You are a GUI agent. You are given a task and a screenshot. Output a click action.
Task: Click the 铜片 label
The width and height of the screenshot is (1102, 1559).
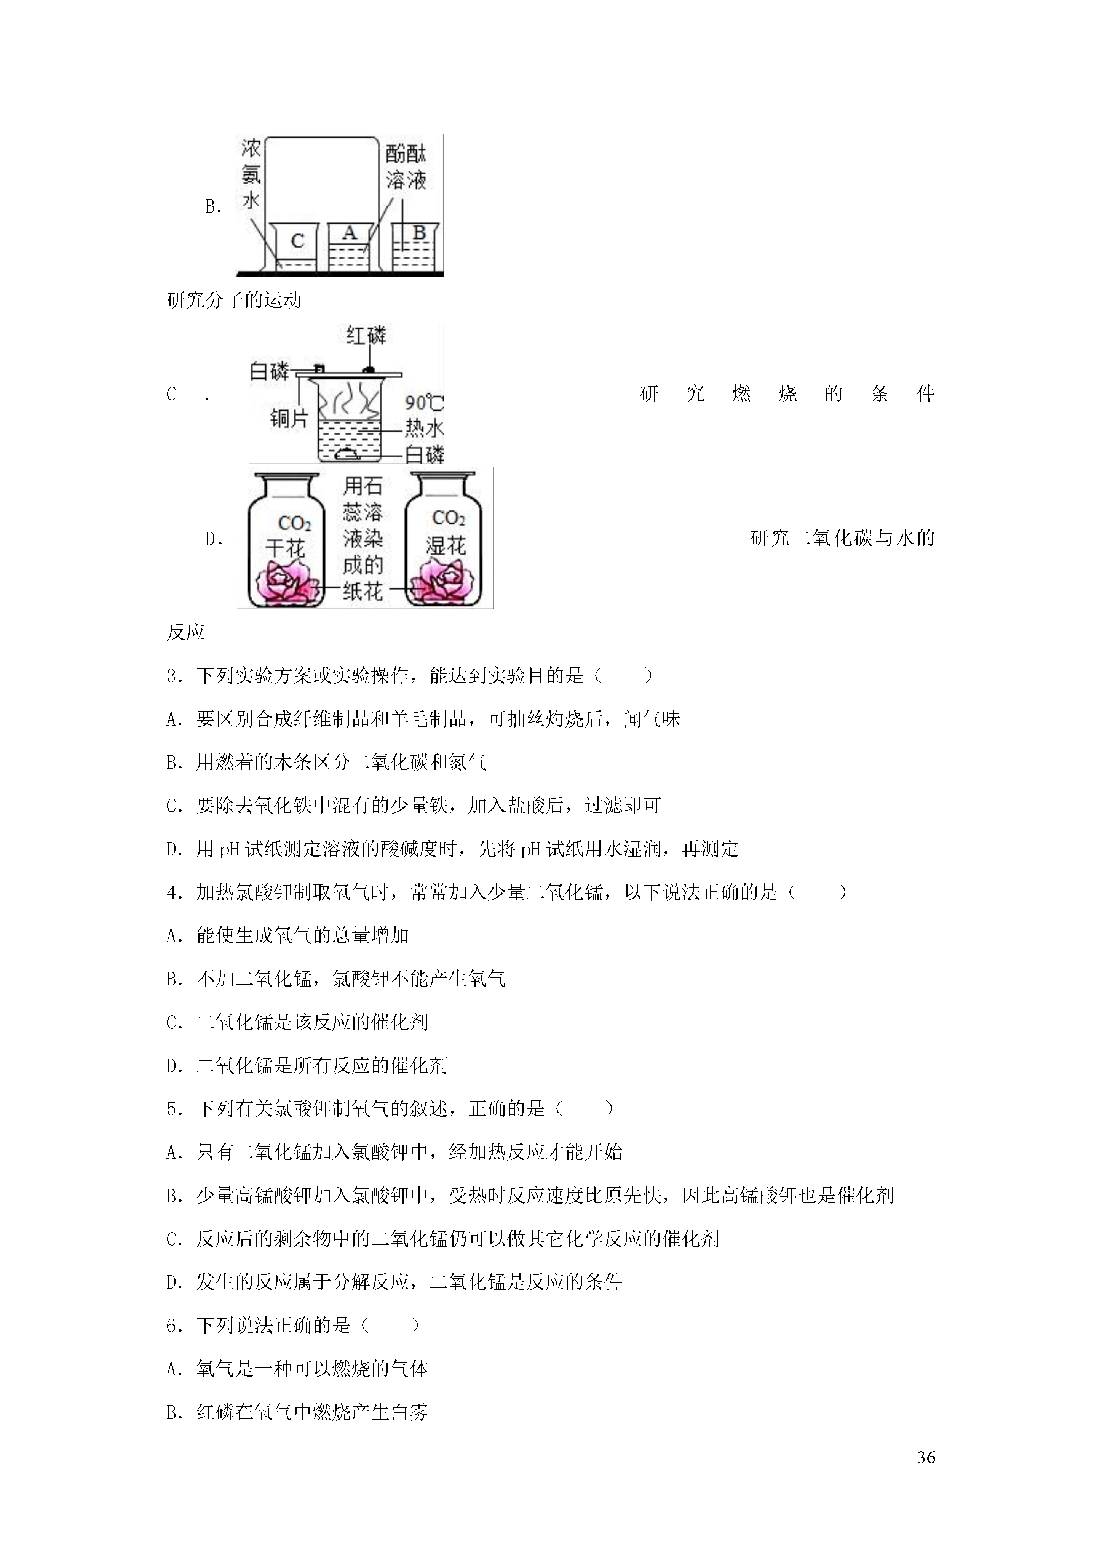coord(289,418)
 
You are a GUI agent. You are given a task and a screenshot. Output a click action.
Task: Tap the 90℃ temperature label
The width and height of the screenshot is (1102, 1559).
coord(424,403)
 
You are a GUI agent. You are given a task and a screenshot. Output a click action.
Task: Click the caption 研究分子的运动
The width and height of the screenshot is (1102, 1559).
coord(234,300)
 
